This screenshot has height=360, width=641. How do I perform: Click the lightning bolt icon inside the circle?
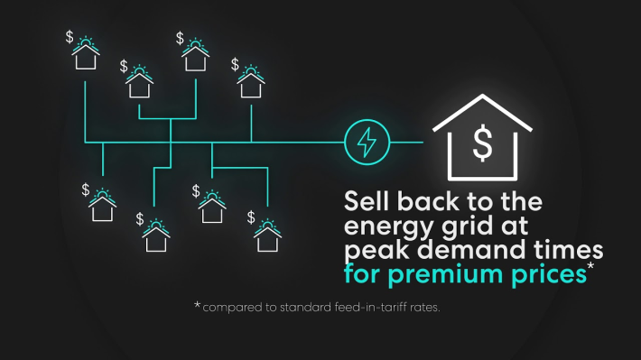pyautogui.click(x=367, y=143)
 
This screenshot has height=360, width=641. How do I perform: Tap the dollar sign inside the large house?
pyautogui.click(x=482, y=143)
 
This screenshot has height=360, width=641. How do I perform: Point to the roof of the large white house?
pyautogui.click(x=482, y=113)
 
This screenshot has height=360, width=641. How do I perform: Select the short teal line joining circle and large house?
pyautogui.click(x=406, y=143)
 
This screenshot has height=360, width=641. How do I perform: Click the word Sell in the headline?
pyautogui.click(x=367, y=201)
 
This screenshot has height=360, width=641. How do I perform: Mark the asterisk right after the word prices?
pyautogui.click(x=590, y=266)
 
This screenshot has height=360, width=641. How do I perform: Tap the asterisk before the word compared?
pyautogui.click(x=198, y=305)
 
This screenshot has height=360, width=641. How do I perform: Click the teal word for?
pyautogui.click(x=362, y=273)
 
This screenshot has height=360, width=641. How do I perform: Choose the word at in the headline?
pyautogui.click(x=515, y=226)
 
